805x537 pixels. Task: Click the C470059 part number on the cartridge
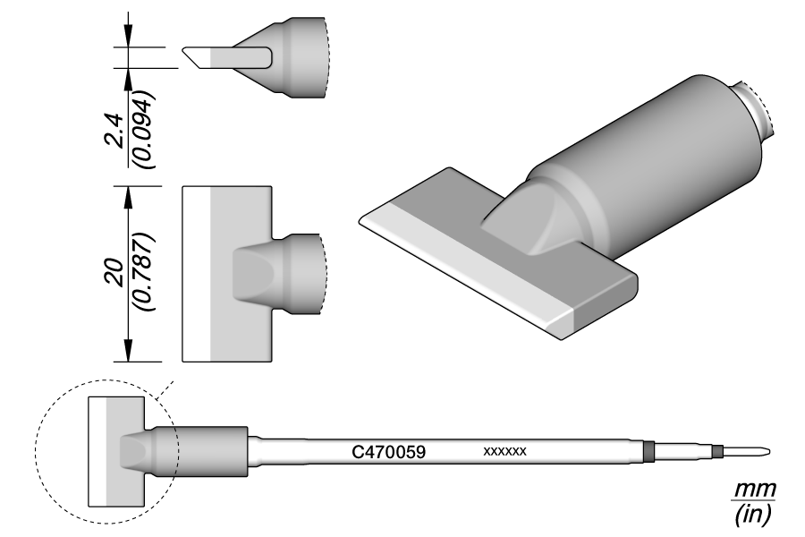387,453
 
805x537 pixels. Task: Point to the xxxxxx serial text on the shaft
504,452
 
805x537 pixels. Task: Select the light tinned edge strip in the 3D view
465,268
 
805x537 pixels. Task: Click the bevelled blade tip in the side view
197,56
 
